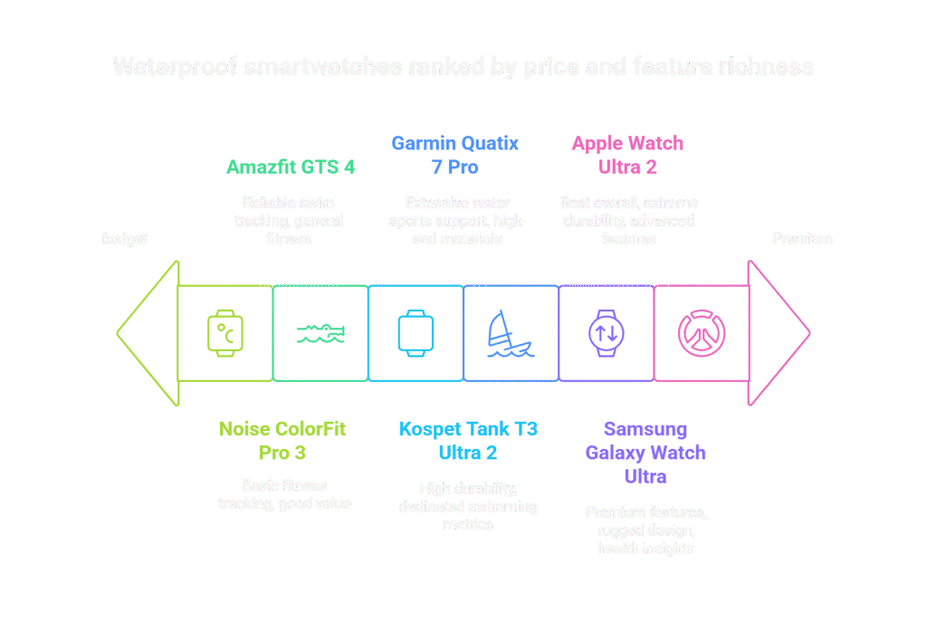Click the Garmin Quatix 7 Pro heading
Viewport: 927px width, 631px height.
[455, 155]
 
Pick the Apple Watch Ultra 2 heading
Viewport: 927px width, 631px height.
[627, 155]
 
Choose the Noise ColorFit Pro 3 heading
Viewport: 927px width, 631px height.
[282, 440]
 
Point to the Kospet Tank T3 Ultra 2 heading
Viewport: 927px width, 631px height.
[467, 440]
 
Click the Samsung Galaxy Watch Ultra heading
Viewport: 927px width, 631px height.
[645, 453]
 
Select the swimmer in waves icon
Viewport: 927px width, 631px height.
[320, 334]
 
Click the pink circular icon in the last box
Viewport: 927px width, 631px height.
[702, 333]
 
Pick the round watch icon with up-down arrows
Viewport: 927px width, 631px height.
[606, 333]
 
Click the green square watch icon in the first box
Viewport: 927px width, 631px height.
[225, 333]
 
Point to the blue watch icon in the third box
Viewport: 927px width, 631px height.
[416, 333]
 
